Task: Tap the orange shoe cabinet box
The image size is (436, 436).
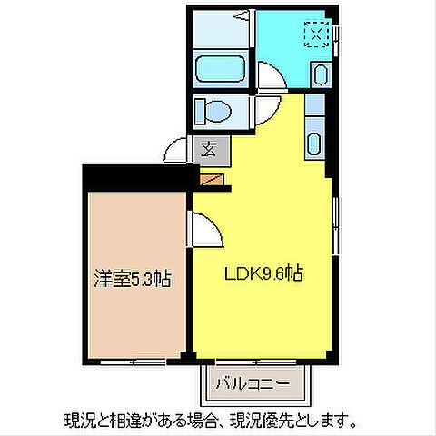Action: click(211, 180)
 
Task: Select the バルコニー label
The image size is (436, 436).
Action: click(253, 383)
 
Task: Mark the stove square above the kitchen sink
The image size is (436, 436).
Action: click(313, 104)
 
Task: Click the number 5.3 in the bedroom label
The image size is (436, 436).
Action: click(143, 280)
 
